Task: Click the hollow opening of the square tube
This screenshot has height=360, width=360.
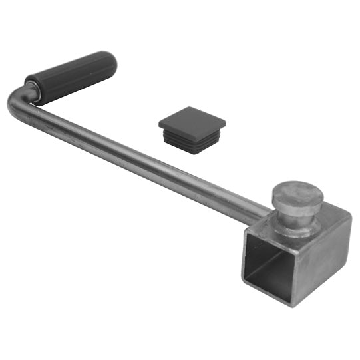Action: [270, 266]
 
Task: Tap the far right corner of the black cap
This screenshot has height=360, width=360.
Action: [225, 124]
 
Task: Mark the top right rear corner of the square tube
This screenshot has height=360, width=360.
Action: [350, 214]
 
